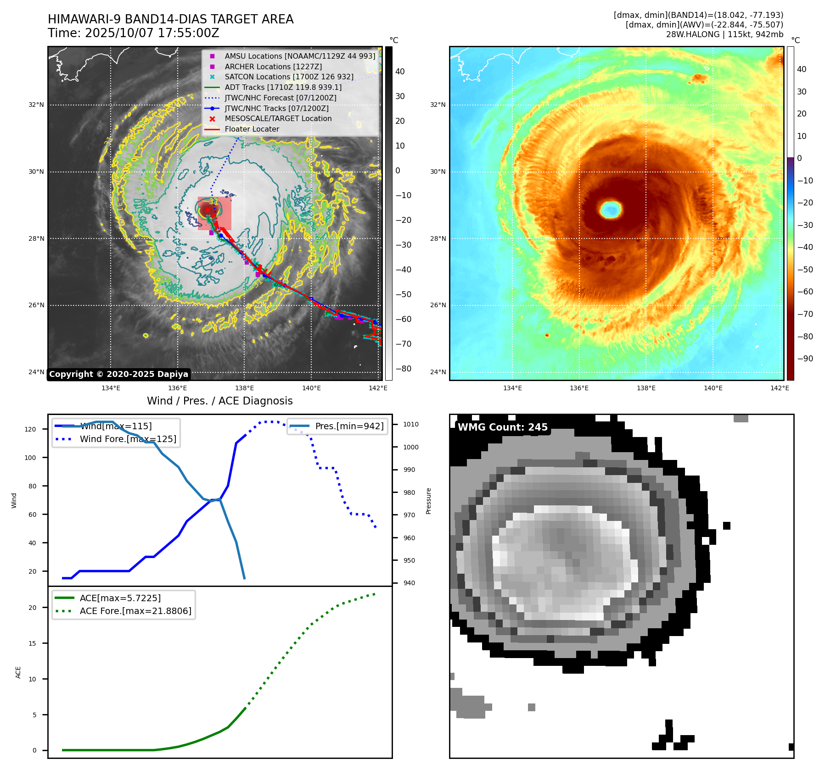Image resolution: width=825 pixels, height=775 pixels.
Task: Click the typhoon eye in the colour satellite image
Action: [611, 210]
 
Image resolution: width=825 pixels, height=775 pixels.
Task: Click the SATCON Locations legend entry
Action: [289, 77]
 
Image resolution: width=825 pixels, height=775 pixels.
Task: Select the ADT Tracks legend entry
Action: [283, 87]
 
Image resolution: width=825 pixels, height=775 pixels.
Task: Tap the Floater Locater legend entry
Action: [252, 129]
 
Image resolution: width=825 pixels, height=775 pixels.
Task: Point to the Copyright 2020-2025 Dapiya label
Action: [118, 374]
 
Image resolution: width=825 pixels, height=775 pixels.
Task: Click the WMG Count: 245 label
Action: [503, 427]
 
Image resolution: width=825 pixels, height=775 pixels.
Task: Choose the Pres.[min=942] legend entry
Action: [349, 426]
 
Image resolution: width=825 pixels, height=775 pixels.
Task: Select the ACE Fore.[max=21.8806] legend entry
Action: [135, 611]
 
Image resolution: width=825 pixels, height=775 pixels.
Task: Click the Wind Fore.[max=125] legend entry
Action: [128, 439]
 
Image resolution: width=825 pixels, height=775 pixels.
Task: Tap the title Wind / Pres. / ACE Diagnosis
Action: [219, 401]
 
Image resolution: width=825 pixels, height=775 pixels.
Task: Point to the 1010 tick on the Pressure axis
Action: [410, 424]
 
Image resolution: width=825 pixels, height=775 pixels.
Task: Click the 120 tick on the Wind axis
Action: [30, 429]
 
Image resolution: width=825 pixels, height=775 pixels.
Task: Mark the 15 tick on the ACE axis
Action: [32, 643]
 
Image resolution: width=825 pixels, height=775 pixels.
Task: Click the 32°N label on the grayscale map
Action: [36, 105]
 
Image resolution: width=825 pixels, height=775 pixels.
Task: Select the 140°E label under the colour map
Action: [713, 388]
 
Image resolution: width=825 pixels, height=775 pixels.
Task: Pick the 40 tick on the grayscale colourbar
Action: [400, 71]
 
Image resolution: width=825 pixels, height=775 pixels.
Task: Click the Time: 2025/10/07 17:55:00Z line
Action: [134, 33]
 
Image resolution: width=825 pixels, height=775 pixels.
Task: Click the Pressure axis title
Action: [428, 501]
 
